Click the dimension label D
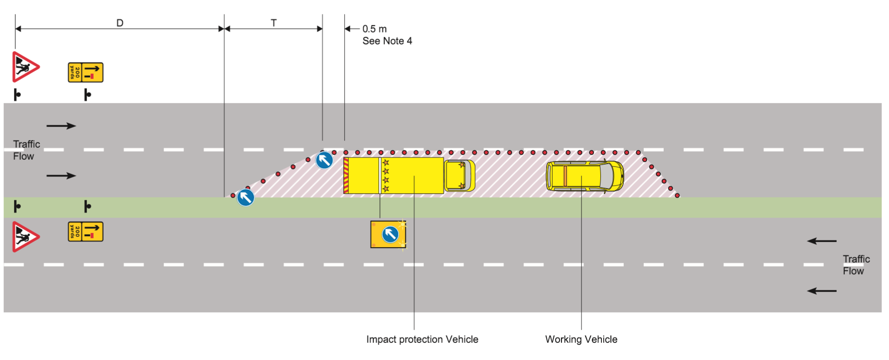(x=120, y=23)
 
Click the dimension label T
(x=273, y=23)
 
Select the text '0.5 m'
(x=375, y=29)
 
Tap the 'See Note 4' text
(x=387, y=41)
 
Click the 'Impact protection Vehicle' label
(x=422, y=339)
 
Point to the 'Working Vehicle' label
(x=581, y=339)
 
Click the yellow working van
(x=585, y=176)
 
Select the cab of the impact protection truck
(x=459, y=175)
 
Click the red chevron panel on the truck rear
(x=346, y=175)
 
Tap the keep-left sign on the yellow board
(x=390, y=234)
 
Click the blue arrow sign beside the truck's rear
(x=324, y=160)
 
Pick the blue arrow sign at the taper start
(x=245, y=197)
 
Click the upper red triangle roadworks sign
(x=24, y=67)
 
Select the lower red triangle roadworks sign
(x=24, y=236)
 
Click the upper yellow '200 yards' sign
(x=86, y=72)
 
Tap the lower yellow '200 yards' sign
(x=86, y=232)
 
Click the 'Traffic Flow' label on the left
(x=26, y=150)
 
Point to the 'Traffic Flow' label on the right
(x=856, y=265)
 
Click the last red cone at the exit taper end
(x=677, y=195)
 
